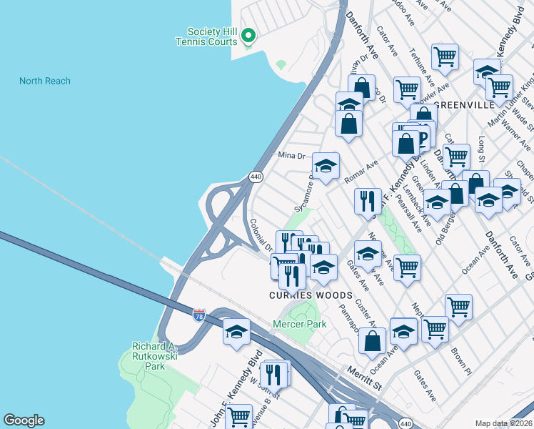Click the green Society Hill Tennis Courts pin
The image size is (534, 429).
[x=248, y=35]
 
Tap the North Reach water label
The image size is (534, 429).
[x=45, y=81]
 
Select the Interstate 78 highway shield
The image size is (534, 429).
[x=200, y=314]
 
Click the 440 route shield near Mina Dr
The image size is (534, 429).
[x=255, y=176]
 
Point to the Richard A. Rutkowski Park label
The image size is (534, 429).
[x=148, y=356]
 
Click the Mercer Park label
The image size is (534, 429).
[x=299, y=324]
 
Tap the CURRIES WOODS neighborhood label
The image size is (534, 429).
[x=310, y=295]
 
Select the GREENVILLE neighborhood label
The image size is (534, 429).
[x=463, y=104]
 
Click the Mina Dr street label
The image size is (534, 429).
[x=291, y=154]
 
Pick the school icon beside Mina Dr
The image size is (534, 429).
[x=326, y=166]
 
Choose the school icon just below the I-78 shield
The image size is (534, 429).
[x=237, y=331]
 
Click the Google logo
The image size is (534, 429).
[x=24, y=420]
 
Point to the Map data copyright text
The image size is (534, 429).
[x=503, y=423]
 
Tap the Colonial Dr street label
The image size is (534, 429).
[x=259, y=233]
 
